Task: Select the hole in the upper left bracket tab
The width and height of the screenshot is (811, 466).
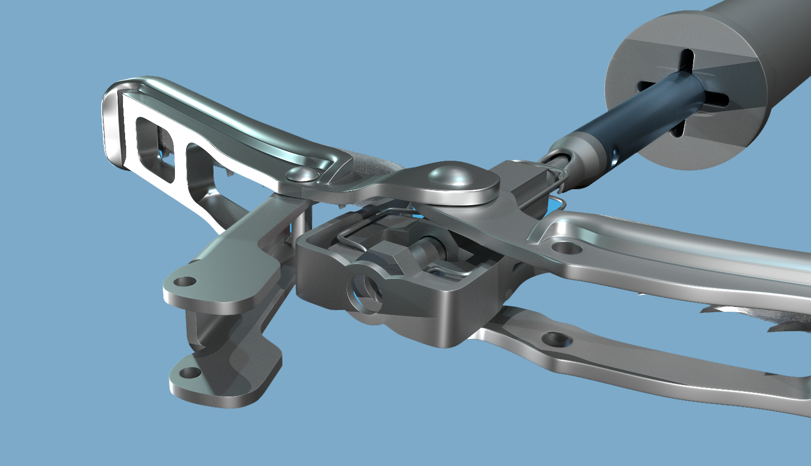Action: [184, 282]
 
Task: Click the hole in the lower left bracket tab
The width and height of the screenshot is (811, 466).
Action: [188, 373]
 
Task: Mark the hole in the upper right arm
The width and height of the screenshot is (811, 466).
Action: [561, 247]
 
